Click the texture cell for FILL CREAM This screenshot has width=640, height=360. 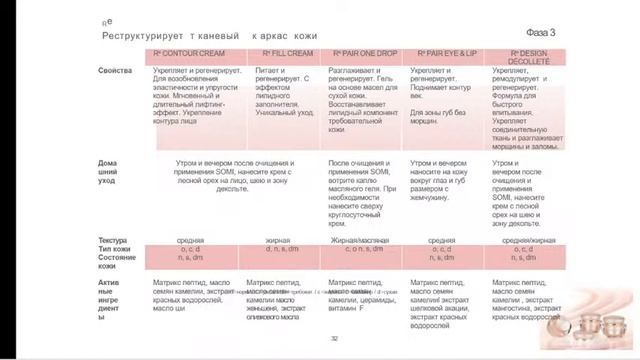277,240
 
